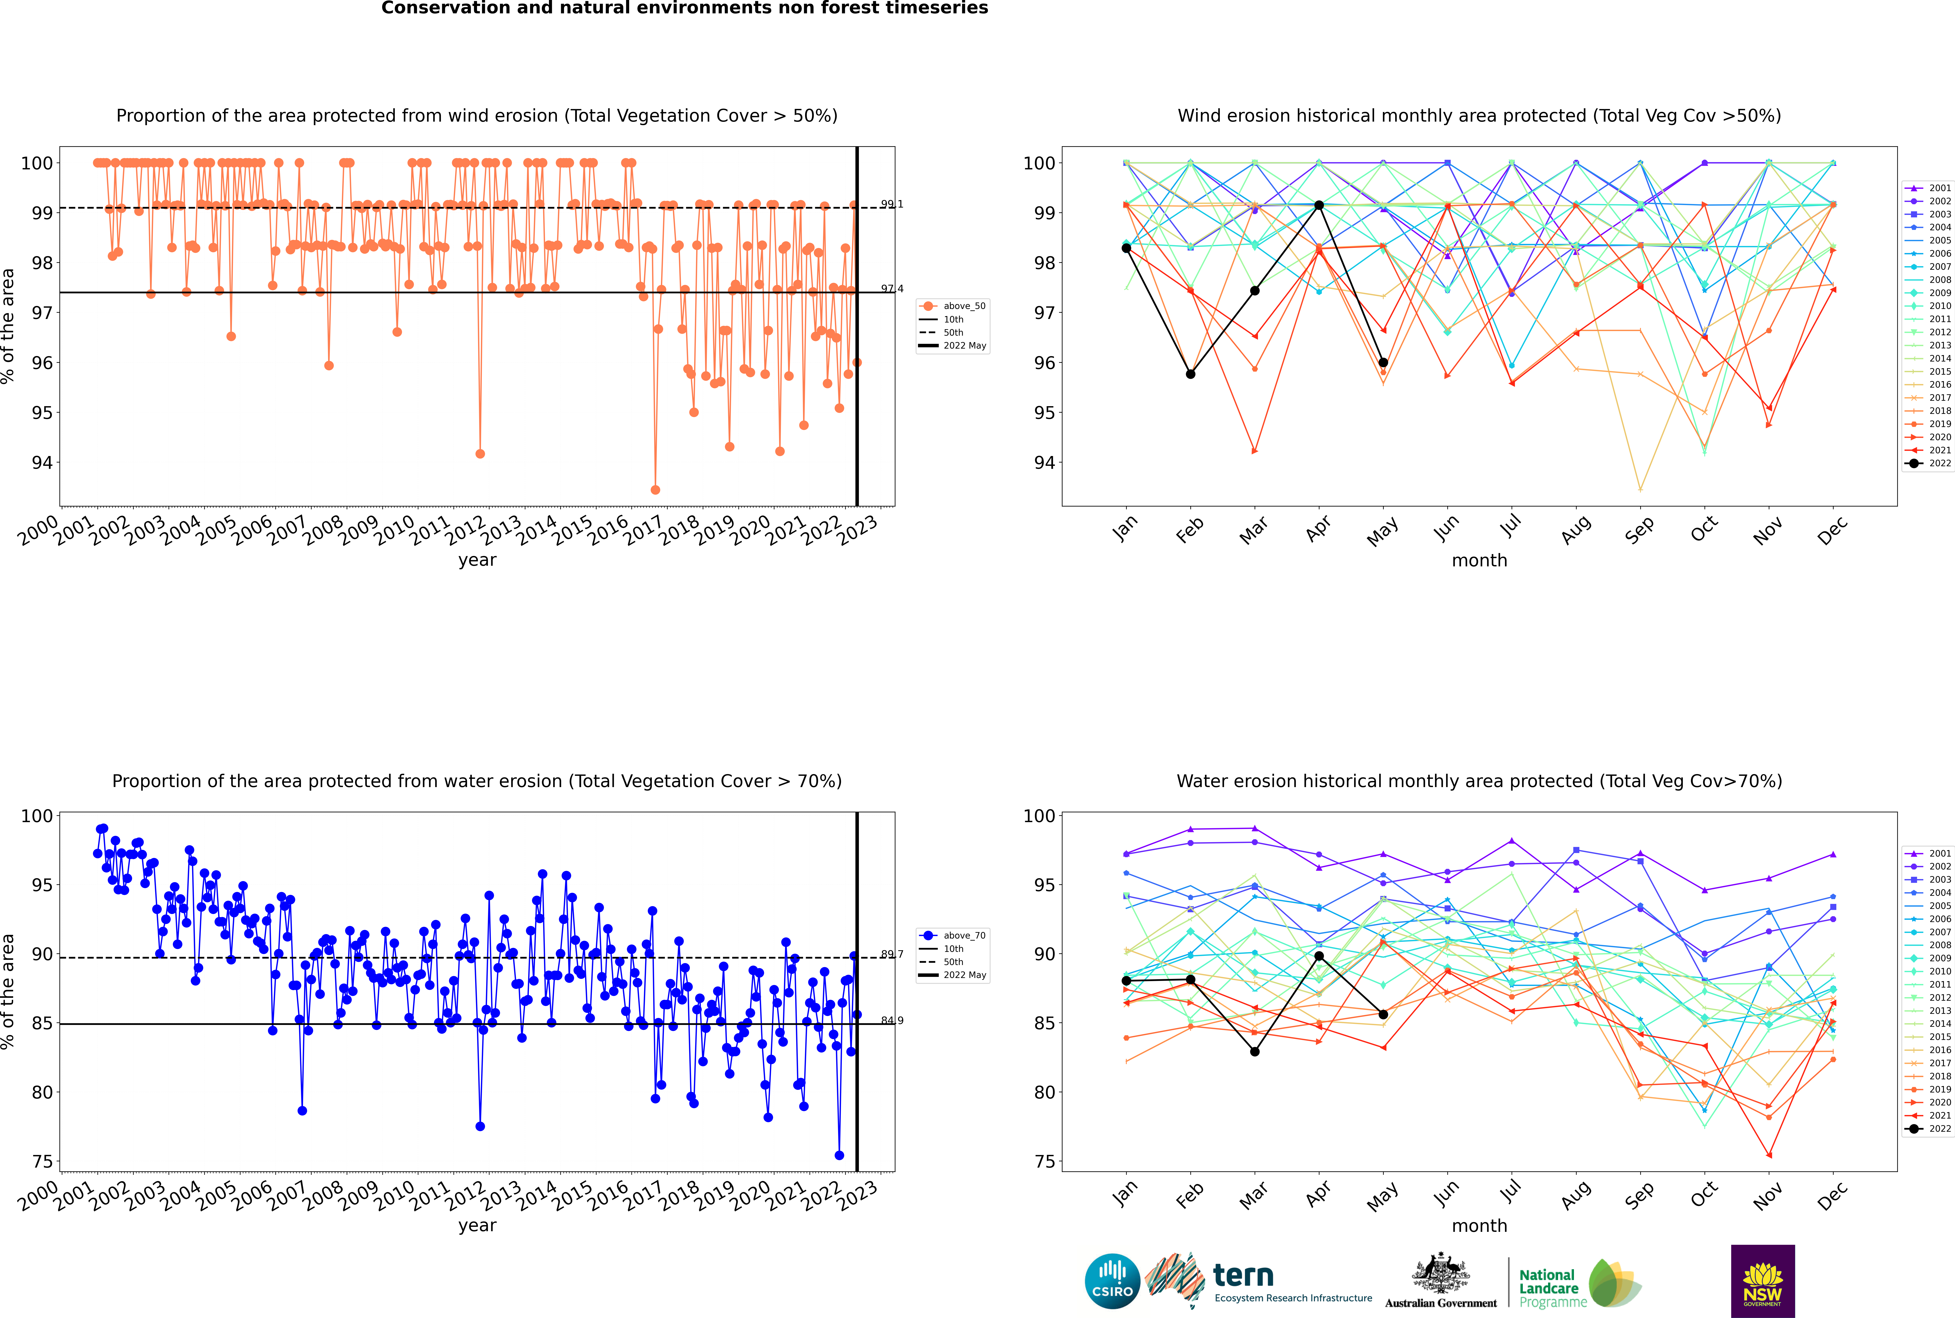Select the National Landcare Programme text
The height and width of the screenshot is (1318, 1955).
1548,1288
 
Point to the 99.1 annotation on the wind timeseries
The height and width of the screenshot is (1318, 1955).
892,204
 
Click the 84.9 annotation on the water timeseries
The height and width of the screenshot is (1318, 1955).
892,1021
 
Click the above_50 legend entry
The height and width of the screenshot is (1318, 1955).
954,306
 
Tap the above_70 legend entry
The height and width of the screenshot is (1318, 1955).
954,936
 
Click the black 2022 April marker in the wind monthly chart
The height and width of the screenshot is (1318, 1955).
1319,205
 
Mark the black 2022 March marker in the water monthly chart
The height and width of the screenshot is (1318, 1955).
1255,1052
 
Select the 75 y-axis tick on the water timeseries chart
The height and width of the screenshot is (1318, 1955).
42,1162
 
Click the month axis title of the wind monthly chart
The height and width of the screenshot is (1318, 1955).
1479,561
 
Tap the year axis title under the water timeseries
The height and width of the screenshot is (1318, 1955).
477,1226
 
